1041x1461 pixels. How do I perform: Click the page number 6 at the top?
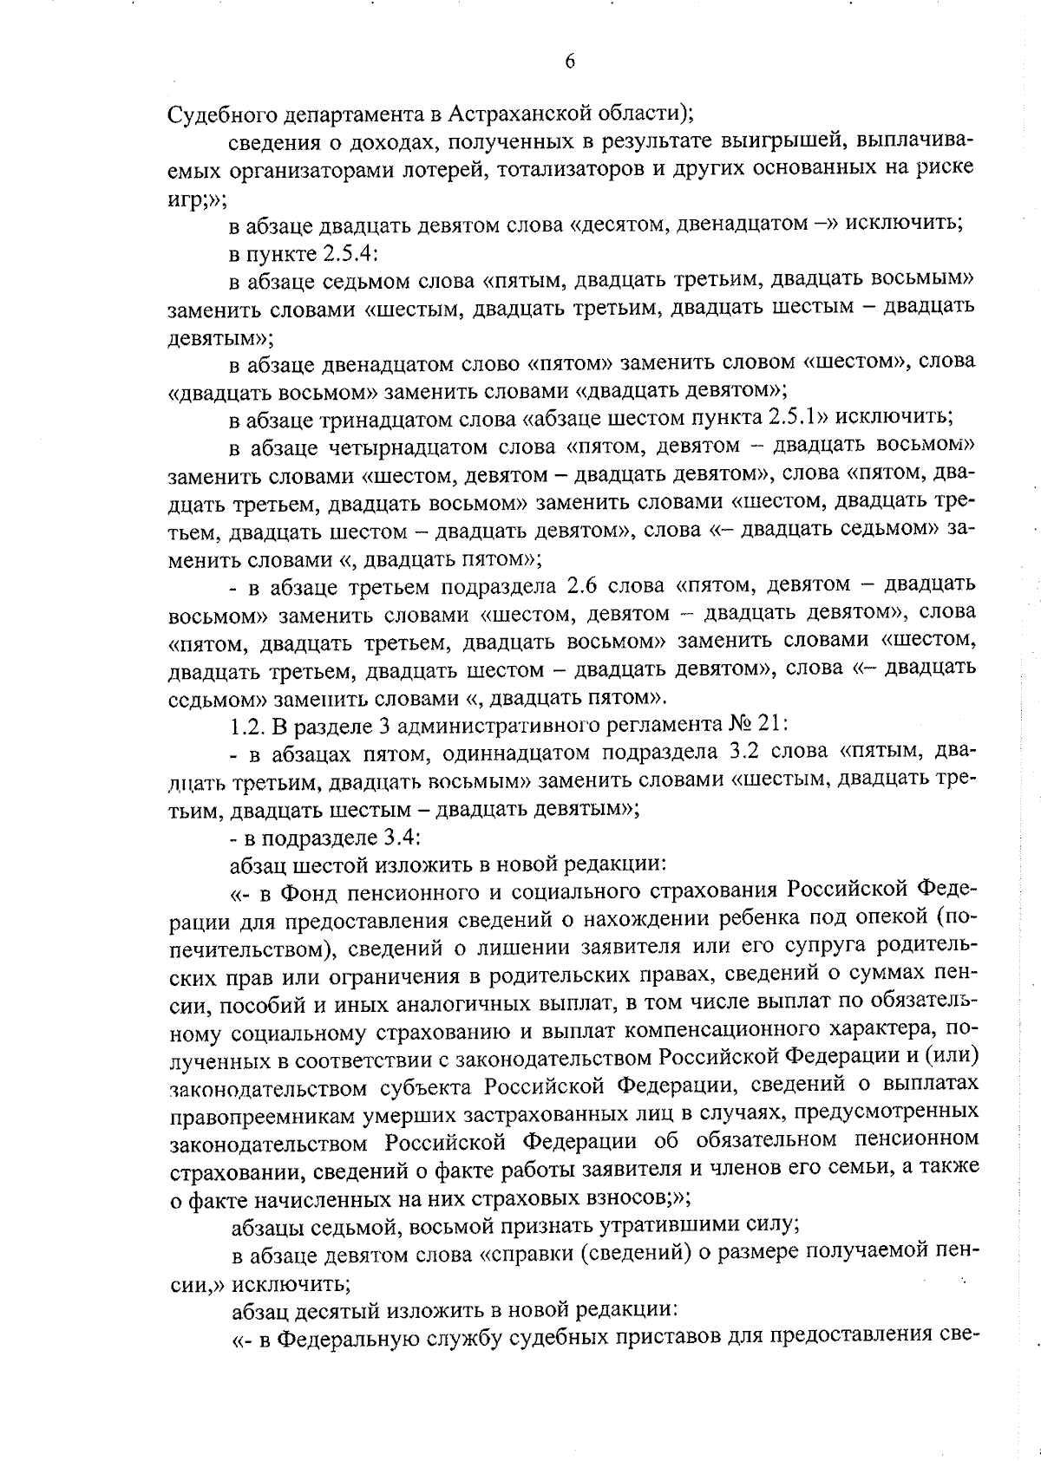[x=569, y=60]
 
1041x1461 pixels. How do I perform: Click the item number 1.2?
[x=245, y=724]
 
